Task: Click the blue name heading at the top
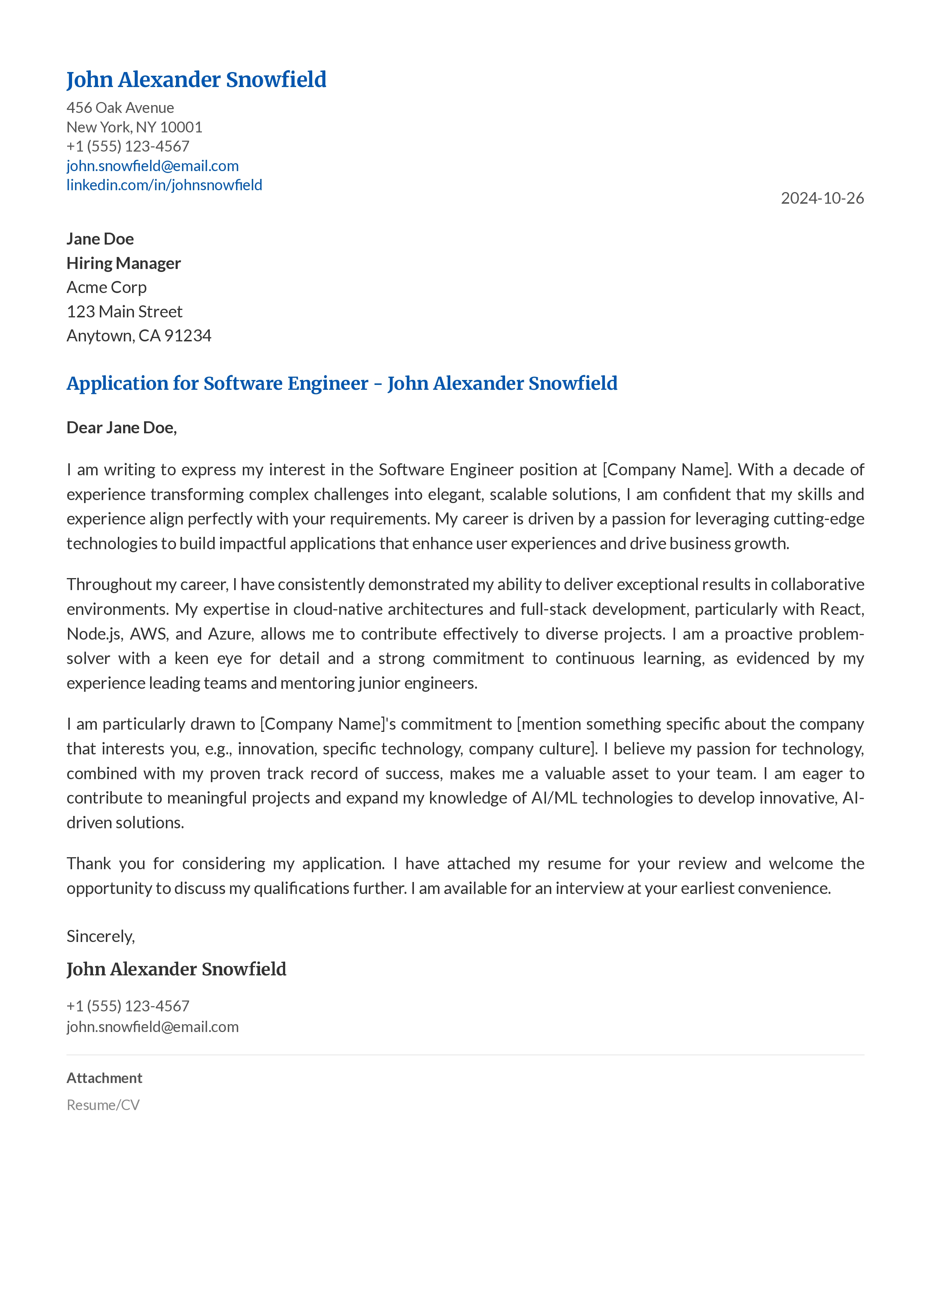(196, 80)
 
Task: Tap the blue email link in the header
(152, 166)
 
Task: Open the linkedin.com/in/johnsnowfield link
(164, 185)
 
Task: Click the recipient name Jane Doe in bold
(100, 239)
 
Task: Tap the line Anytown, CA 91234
(139, 335)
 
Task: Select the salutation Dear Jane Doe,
(122, 428)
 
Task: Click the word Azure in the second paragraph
(229, 634)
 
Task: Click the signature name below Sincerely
(176, 969)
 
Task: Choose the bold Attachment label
(104, 1078)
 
